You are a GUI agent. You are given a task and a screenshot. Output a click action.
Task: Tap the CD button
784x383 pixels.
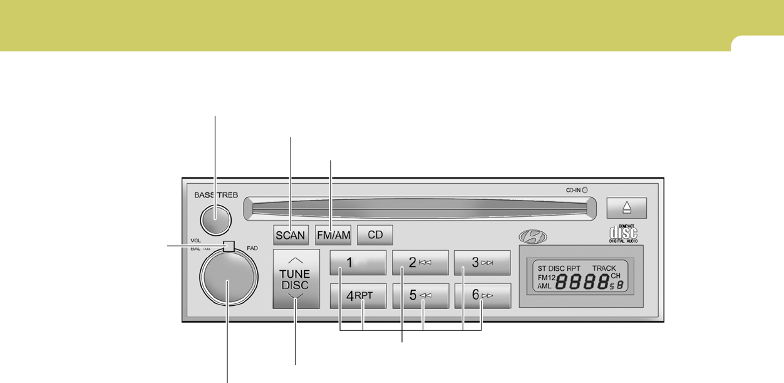pos(374,235)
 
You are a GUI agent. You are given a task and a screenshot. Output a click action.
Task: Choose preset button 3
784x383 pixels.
pos(483,263)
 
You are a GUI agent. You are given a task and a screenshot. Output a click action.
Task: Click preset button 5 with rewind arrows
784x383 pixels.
pos(420,295)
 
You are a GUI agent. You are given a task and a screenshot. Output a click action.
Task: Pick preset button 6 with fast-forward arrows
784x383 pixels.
pos(483,295)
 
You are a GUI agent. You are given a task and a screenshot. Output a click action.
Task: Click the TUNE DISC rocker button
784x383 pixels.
pos(296,279)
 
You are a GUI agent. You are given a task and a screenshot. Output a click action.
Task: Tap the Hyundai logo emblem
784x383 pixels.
pos(532,237)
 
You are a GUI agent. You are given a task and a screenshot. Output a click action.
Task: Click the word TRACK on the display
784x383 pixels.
pos(604,268)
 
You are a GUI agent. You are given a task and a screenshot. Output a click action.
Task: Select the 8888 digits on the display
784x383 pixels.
pos(582,283)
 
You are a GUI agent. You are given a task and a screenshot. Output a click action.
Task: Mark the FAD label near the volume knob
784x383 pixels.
pos(252,248)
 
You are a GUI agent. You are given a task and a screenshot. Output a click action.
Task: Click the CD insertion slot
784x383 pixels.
pos(420,206)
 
